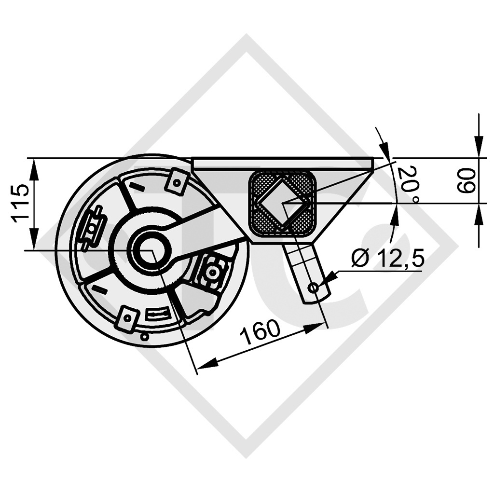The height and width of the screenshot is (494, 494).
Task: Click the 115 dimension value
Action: coord(21,203)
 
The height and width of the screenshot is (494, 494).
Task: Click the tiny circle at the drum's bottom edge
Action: coord(144,337)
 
